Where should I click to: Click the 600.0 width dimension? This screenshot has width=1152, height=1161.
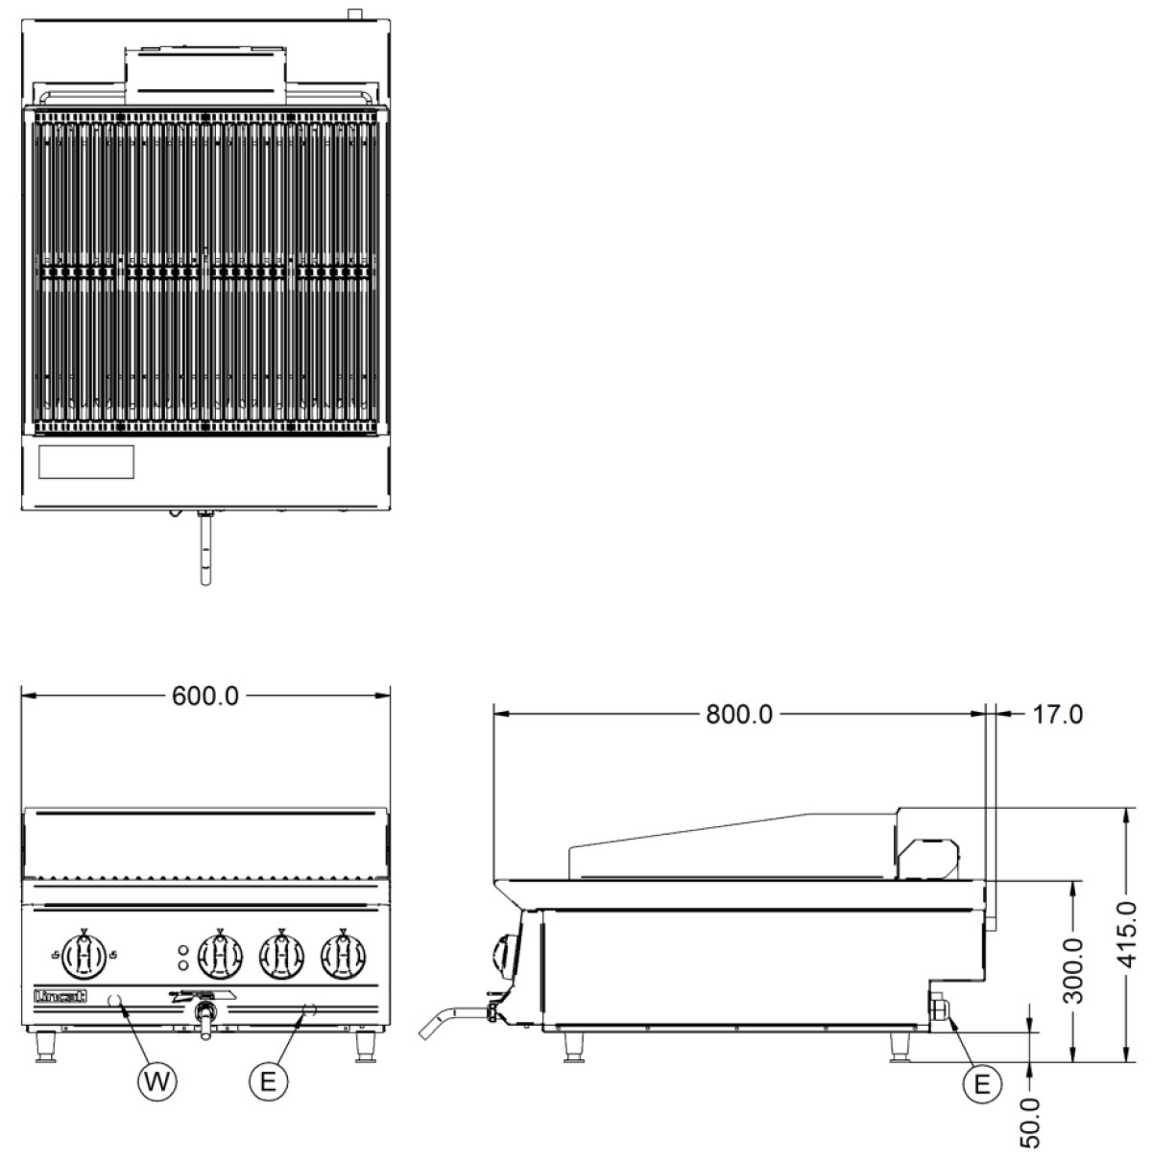[205, 696]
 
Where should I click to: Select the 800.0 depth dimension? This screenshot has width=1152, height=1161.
[738, 714]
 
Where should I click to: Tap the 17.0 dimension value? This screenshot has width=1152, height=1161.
[1057, 714]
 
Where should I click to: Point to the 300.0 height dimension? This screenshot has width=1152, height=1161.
[1073, 970]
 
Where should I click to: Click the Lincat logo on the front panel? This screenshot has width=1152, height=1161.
[60, 996]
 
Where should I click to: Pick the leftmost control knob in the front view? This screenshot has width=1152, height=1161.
[84, 956]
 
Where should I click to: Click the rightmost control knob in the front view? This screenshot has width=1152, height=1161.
[343, 956]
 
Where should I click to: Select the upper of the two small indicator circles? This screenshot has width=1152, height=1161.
[183, 950]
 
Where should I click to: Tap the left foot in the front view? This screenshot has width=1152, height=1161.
[45, 1047]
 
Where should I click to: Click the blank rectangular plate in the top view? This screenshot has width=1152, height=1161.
[86, 462]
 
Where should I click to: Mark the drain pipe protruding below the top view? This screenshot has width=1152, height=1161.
[205, 548]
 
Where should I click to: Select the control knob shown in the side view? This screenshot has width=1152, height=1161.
[505, 957]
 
